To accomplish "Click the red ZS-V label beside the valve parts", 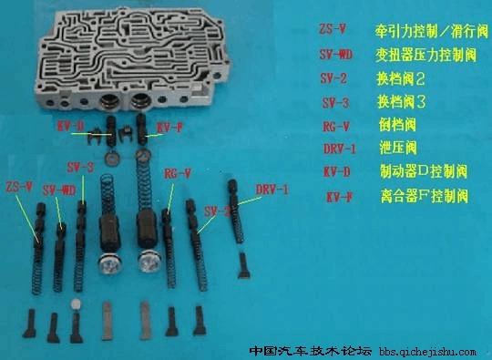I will click(18, 186).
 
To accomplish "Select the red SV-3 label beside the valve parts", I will click(80, 169).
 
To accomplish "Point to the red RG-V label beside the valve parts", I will click(177, 171).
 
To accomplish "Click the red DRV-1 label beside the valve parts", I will click(272, 190).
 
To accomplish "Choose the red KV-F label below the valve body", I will click(170, 126).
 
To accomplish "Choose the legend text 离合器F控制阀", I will click(423, 196).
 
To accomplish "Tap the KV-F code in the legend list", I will click(339, 196).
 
